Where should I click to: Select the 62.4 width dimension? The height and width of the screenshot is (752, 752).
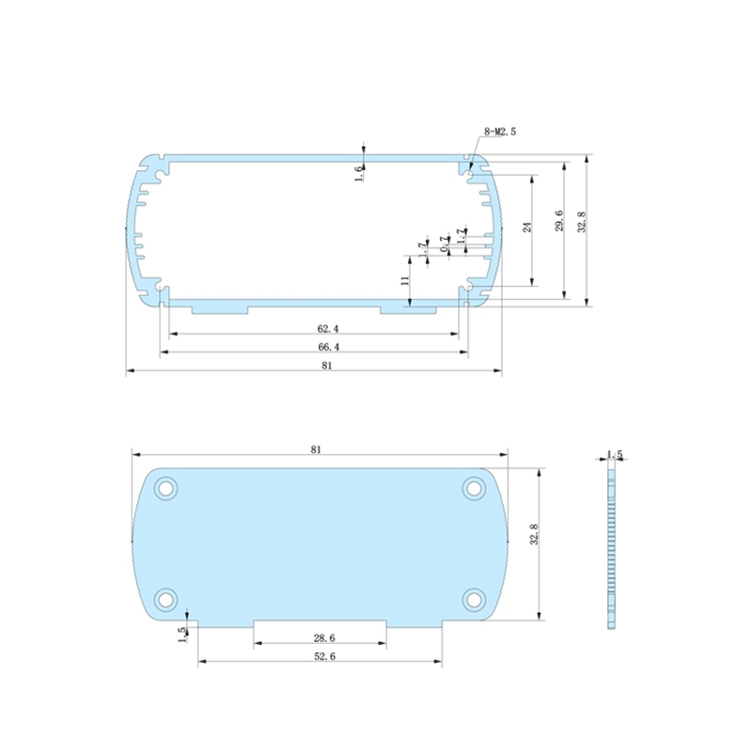(328, 329)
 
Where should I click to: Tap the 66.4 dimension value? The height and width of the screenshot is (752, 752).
(328, 347)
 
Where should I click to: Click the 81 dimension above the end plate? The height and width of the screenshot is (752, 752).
(316, 450)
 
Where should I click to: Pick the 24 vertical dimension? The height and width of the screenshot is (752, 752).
(527, 227)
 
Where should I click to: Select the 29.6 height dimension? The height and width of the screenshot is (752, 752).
(559, 222)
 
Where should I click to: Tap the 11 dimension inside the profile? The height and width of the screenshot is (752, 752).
(404, 281)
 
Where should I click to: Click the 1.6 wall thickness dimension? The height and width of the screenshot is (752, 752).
(358, 173)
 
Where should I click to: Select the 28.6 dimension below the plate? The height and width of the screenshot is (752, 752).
(320, 639)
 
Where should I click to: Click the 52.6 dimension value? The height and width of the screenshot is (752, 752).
(320, 657)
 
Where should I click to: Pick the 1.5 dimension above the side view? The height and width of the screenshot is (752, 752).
(615, 455)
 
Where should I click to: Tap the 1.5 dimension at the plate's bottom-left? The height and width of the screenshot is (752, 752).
(181, 634)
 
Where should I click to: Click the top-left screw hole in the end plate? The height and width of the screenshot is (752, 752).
(166, 488)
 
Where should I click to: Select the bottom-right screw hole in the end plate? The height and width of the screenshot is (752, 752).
(474, 598)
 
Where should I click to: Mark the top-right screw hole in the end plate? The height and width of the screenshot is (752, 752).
(474, 488)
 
